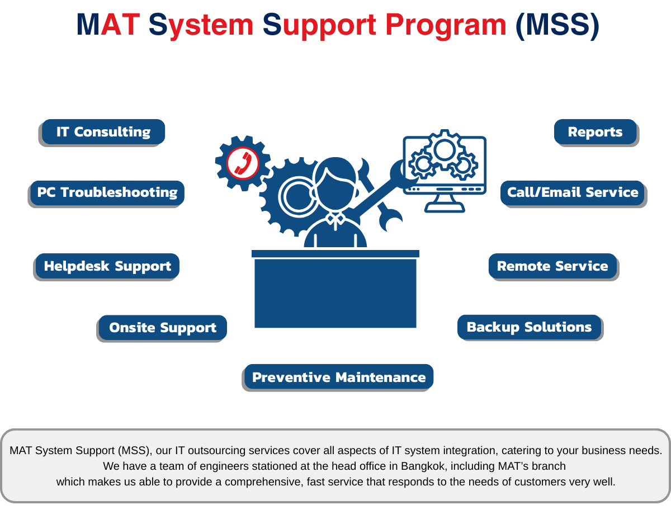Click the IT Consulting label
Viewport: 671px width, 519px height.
(x=103, y=132)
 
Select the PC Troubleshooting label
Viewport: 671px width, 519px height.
(x=107, y=192)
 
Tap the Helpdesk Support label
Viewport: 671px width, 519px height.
(x=107, y=266)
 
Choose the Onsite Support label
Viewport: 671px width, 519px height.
(x=163, y=328)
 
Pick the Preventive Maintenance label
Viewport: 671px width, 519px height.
(x=339, y=378)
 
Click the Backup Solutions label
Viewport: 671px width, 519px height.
(x=529, y=327)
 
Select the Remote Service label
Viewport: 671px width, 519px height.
(x=552, y=266)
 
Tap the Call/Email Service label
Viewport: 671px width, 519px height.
(x=573, y=192)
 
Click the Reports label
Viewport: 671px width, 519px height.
(x=595, y=132)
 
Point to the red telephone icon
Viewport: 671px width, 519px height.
(x=243, y=163)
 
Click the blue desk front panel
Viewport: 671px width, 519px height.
(x=335, y=293)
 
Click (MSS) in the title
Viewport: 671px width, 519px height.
(x=556, y=25)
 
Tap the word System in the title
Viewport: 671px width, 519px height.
(x=201, y=25)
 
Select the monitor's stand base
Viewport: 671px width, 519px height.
(x=445, y=209)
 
